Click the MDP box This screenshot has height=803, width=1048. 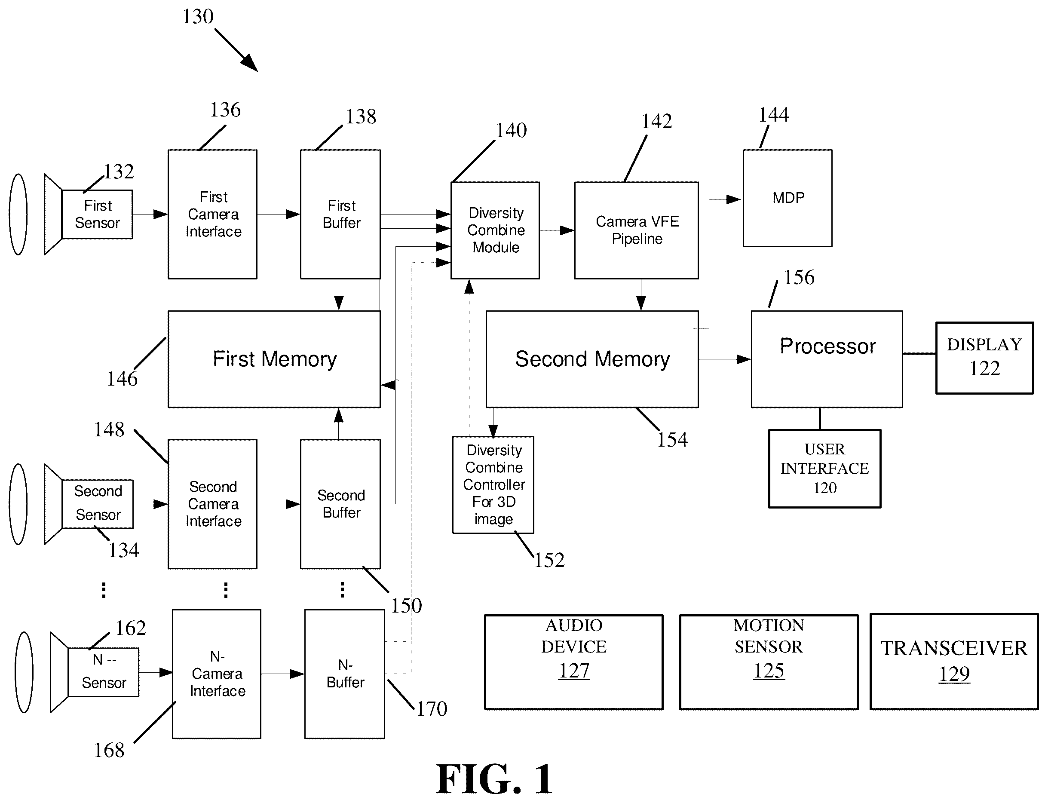[x=787, y=198]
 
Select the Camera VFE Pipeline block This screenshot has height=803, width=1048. [x=636, y=230]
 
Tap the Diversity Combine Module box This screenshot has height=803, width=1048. [x=495, y=230]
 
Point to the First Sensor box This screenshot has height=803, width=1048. [x=97, y=214]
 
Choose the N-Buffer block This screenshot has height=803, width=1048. [x=345, y=674]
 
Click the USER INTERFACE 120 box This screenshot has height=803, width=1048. [x=824, y=469]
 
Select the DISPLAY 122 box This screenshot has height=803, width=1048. [x=984, y=358]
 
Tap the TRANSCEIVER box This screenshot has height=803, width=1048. [x=954, y=662]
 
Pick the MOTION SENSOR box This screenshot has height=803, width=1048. [x=769, y=662]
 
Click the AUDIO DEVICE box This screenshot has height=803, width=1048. [x=573, y=662]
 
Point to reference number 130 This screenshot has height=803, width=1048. [x=198, y=17]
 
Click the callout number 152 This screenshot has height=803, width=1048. [x=549, y=560]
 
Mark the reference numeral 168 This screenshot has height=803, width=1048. [x=109, y=750]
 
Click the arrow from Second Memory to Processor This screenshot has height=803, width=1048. [x=724, y=359]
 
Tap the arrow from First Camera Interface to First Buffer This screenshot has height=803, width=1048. [x=279, y=214]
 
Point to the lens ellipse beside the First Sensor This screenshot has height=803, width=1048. [x=18, y=214]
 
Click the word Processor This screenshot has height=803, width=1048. [x=827, y=346]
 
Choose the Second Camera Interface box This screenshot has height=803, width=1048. [x=212, y=504]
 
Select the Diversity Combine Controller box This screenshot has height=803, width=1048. [x=493, y=484]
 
